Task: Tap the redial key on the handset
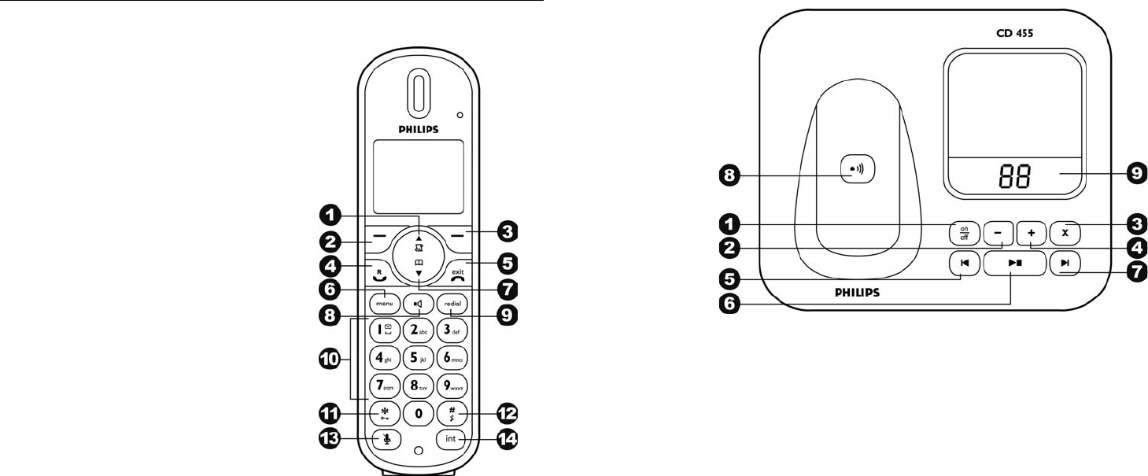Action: click(452, 303)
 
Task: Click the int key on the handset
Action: click(451, 438)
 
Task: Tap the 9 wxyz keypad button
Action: click(452, 386)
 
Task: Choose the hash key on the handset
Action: click(452, 412)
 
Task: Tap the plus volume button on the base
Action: click(1031, 233)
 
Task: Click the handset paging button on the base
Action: click(857, 168)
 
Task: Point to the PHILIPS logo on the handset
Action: click(417, 128)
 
